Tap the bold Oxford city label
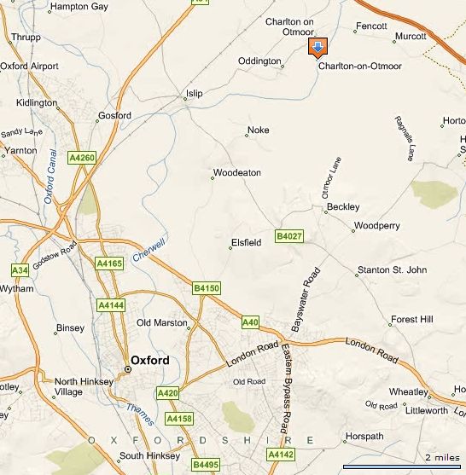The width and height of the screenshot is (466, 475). [150, 360]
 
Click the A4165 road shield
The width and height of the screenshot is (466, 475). [111, 264]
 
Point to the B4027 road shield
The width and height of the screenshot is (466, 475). [289, 235]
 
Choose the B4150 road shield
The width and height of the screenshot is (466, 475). [207, 288]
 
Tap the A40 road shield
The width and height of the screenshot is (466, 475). [250, 322]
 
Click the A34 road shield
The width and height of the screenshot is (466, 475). [19, 270]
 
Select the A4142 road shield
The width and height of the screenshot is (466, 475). [281, 455]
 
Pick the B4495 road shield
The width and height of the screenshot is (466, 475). [205, 465]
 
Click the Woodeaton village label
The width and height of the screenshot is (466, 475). [237, 173]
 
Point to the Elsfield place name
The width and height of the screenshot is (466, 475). [246, 243]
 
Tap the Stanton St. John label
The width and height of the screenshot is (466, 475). [392, 270]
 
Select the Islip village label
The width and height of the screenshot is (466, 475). [195, 94]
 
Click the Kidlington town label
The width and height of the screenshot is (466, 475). [36, 103]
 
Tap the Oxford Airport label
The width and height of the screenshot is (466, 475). [29, 66]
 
